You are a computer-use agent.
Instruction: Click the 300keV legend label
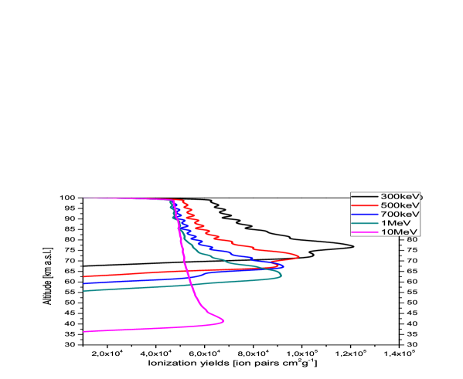click(400, 196)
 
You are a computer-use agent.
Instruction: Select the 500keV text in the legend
click(400, 205)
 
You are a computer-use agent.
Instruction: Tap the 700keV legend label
click(400, 214)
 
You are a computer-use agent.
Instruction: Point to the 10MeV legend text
click(397, 232)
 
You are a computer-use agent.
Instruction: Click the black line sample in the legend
click(365, 196)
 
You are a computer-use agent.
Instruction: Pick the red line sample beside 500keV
click(365, 205)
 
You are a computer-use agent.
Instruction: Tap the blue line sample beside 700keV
click(365, 214)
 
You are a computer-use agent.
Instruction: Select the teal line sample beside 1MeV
click(365, 222)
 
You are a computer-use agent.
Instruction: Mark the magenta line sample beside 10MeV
click(365, 232)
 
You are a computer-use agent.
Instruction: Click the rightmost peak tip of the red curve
click(299, 256)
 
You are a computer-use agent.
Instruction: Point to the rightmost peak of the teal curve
click(281, 274)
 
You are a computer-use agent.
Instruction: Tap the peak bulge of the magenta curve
click(224, 320)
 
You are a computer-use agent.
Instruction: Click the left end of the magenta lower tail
click(84, 331)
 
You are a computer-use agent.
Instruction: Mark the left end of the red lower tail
click(84, 276)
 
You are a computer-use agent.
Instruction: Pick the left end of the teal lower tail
click(84, 291)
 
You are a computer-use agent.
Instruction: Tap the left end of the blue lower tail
click(84, 283)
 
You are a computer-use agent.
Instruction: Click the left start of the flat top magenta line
click(84, 198)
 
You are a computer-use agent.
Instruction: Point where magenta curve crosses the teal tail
click(188, 285)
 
